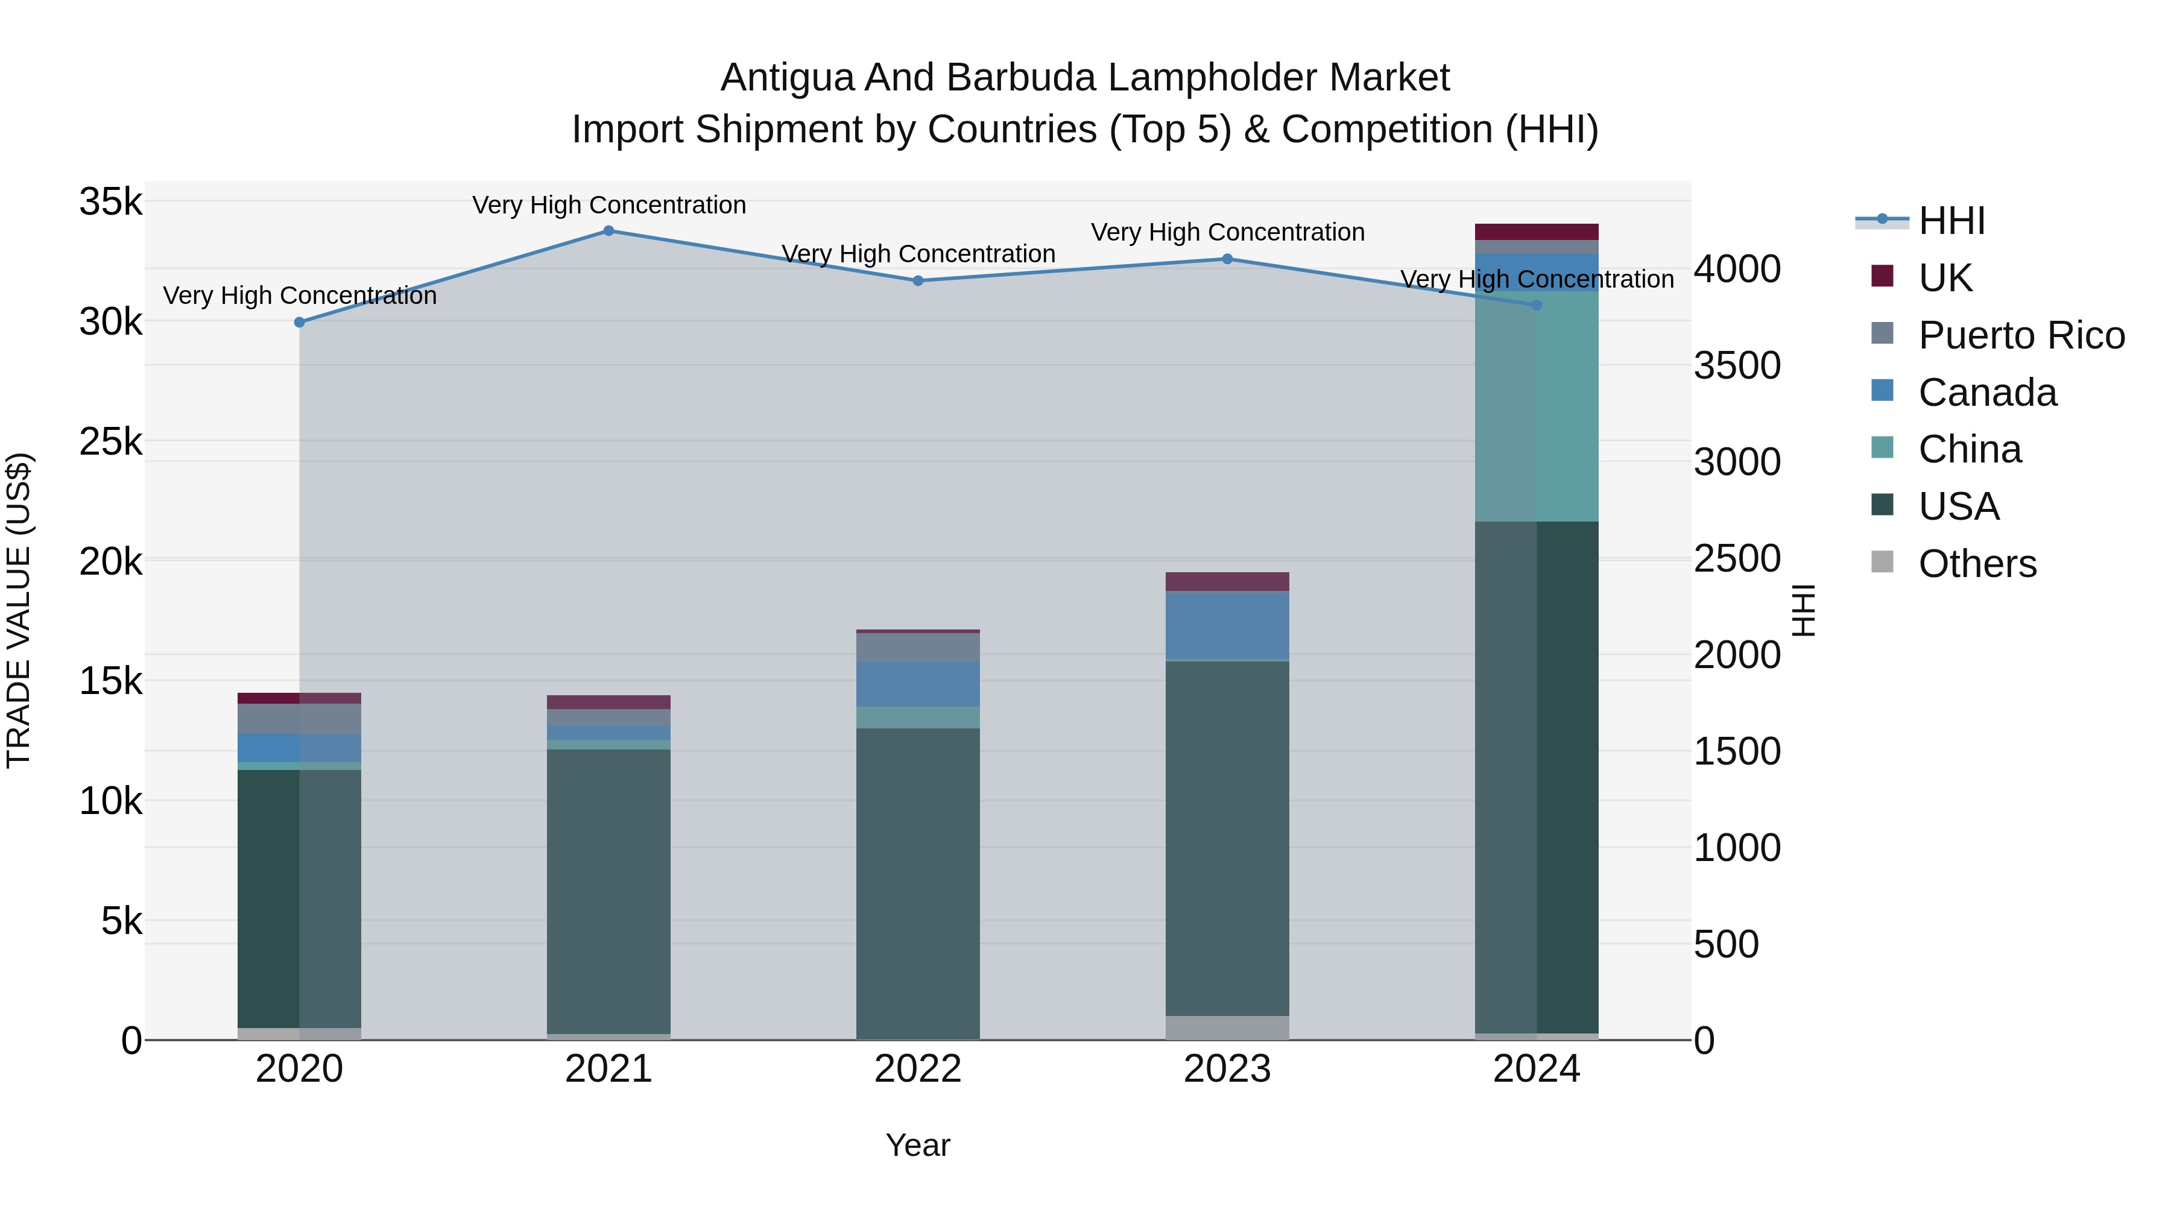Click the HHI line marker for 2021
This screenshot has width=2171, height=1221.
(608, 231)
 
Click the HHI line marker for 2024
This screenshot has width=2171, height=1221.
(1537, 305)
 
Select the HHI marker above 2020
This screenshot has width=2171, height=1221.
(299, 322)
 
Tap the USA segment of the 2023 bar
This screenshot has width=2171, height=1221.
(1227, 839)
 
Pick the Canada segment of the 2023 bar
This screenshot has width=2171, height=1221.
(1227, 625)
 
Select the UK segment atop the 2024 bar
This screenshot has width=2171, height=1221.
(1537, 232)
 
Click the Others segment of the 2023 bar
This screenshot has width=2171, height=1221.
(1227, 1027)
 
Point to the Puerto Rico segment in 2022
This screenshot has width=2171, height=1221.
(918, 647)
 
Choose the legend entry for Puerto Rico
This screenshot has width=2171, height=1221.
(2021, 335)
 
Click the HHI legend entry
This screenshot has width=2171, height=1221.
(1951, 221)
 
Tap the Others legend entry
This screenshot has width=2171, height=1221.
(1976, 564)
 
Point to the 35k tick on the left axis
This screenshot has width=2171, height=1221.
(111, 202)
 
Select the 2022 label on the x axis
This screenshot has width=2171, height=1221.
(918, 1069)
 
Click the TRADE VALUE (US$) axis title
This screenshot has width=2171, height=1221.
(19, 610)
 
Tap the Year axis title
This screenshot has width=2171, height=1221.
(918, 1145)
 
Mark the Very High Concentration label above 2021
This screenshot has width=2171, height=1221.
(608, 205)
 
